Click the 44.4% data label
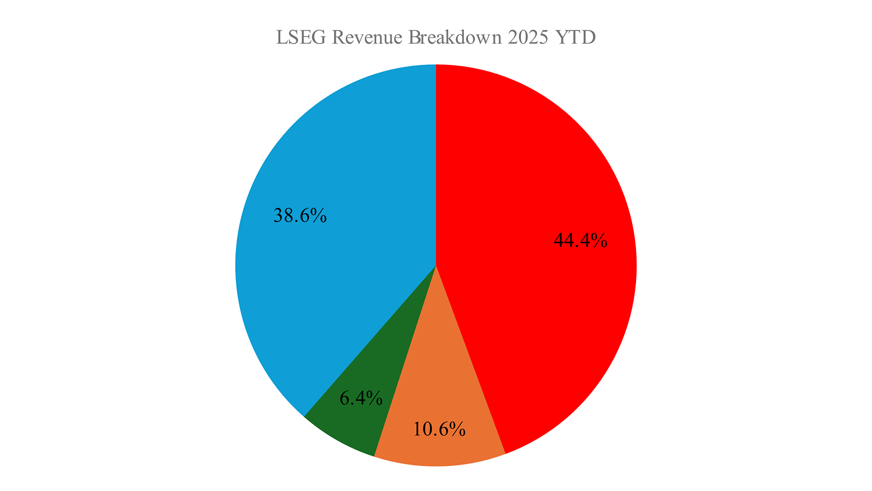[x=580, y=240]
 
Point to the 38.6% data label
[x=300, y=215]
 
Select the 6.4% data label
[x=361, y=398]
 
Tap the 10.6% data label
[x=439, y=429]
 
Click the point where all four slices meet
[x=436, y=266]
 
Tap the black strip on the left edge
[x=16, y=245]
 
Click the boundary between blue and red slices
[x=436, y=164]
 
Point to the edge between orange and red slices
[x=471, y=360]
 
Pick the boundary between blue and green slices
[x=371, y=340]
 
